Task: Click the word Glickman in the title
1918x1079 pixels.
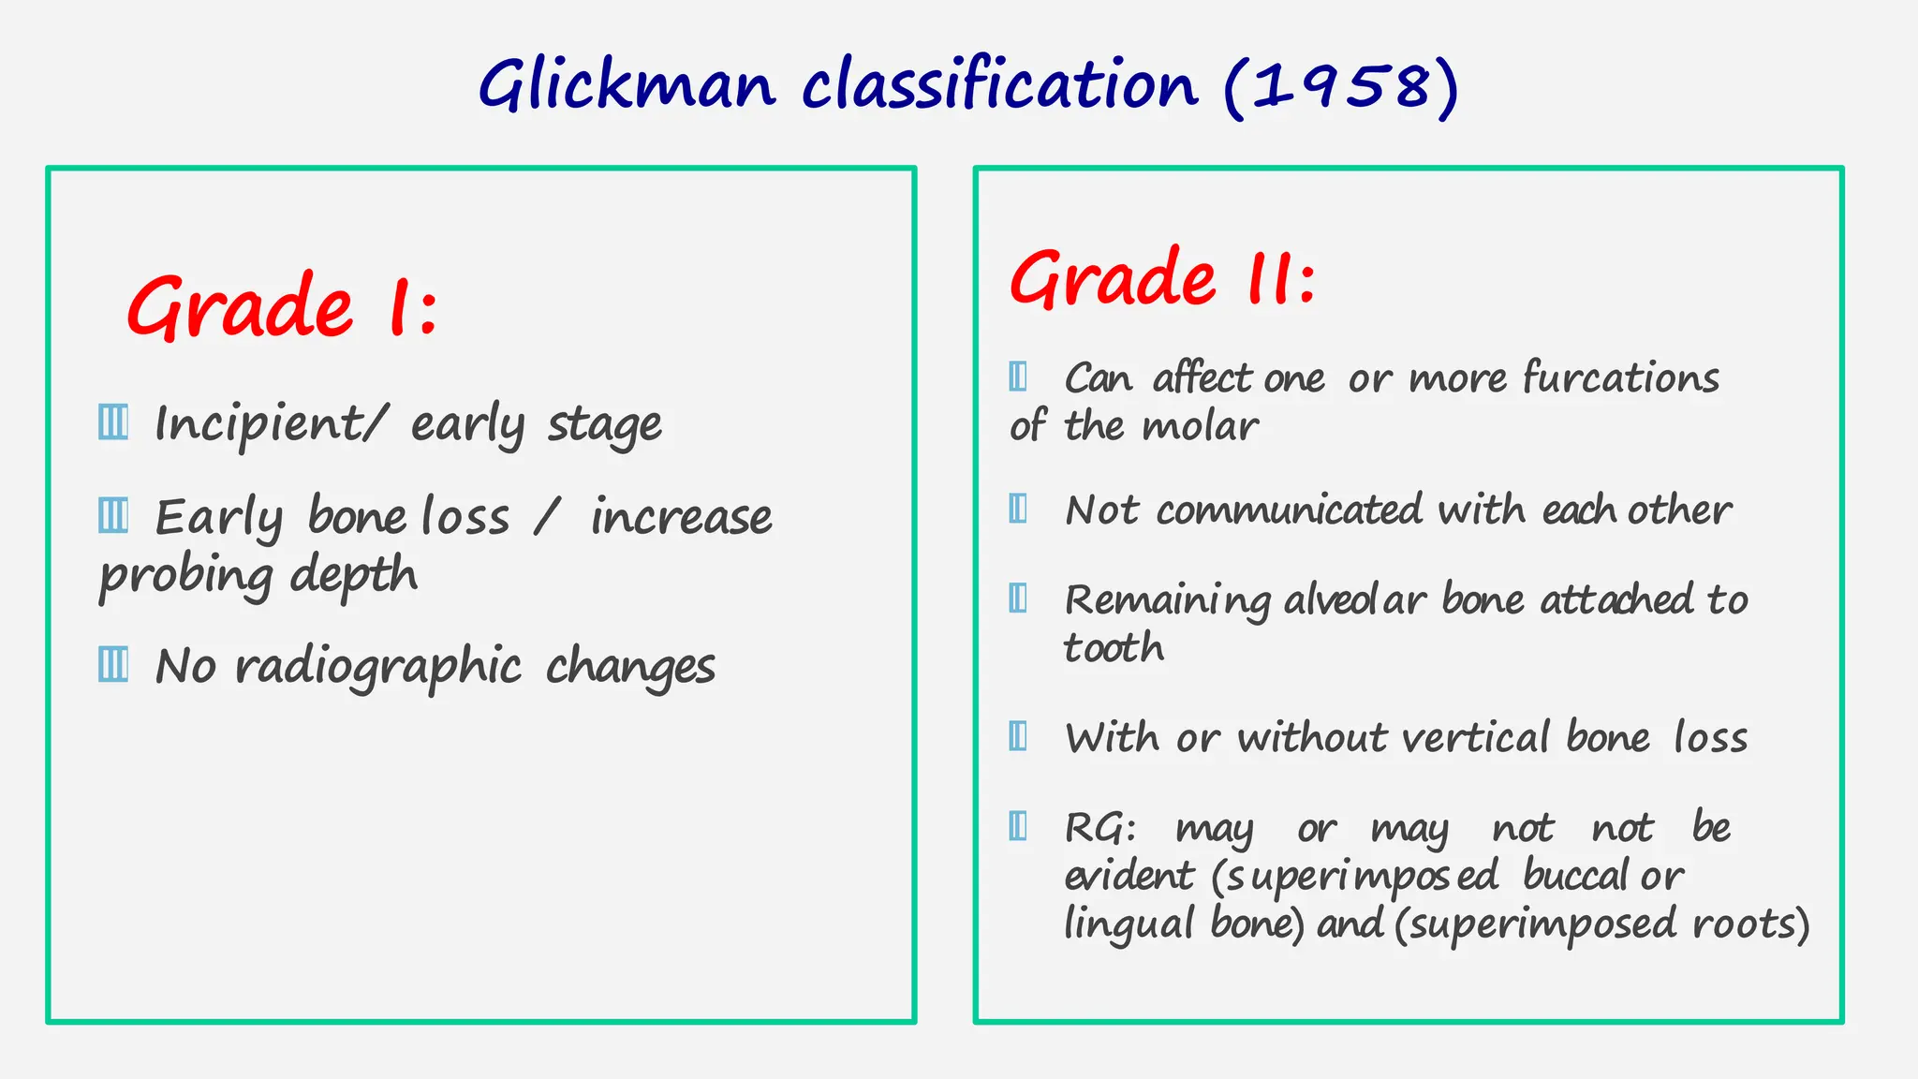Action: [627, 85]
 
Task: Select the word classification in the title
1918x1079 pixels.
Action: [999, 85]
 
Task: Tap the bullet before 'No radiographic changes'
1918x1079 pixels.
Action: [113, 664]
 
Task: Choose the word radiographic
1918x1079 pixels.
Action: [378, 667]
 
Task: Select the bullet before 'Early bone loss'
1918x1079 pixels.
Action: [113, 515]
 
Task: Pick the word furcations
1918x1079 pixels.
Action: [1621, 377]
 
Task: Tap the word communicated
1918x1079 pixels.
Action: [1290, 510]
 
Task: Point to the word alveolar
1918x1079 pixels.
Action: [1355, 600]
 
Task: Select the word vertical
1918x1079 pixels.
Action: [1475, 738]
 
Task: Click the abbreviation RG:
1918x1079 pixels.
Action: [1100, 828]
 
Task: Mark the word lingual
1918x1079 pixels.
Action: [1129, 924]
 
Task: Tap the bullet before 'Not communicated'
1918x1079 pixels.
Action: [1018, 509]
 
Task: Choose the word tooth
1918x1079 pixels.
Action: [1114, 648]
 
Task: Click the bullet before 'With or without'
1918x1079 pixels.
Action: [1018, 736]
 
